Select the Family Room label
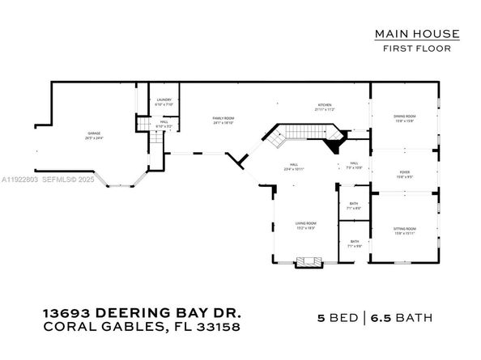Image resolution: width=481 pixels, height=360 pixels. click(223, 121)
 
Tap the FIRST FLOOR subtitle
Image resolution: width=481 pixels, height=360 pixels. click(417, 49)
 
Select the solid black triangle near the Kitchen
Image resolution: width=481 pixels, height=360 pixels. click(333, 147)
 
